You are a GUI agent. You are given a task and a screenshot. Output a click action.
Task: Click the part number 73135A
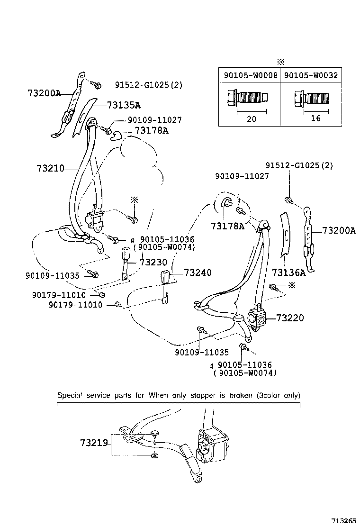(123, 105)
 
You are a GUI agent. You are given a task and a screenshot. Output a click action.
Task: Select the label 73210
(51, 168)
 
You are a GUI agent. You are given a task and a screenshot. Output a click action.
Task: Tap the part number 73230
(154, 263)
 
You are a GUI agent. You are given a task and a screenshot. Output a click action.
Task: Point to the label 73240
(198, 273)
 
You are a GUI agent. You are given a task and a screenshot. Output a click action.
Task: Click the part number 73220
(289, 318)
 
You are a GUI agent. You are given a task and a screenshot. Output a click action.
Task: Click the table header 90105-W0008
(250, 75)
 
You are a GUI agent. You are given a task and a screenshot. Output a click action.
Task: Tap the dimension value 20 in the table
(251, 119)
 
